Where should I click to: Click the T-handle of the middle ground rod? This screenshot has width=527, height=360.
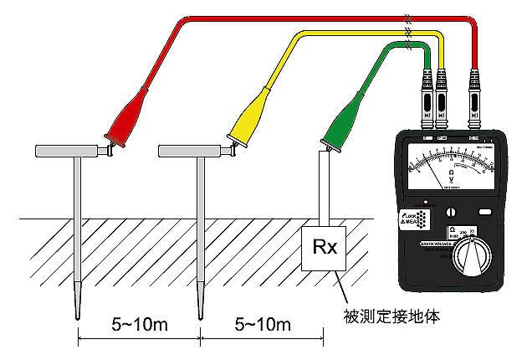pyautogui.click(x=192, y=150)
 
